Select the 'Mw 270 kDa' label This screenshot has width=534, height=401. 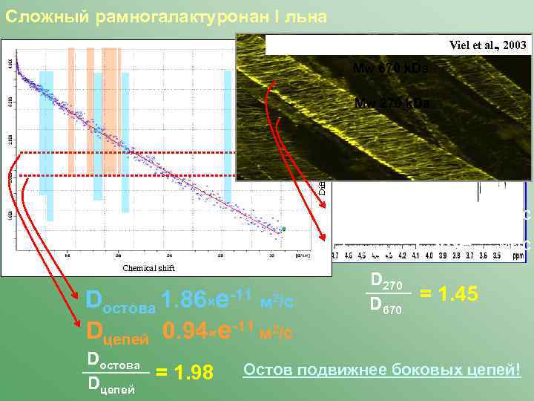[392, 102]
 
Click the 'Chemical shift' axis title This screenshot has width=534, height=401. [148, 268]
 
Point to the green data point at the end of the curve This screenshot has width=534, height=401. [283, 229]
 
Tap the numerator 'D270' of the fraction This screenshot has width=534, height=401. [385, 281]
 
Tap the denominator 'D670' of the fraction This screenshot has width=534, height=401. [385, 305]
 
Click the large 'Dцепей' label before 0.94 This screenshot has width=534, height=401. [119, 330]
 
